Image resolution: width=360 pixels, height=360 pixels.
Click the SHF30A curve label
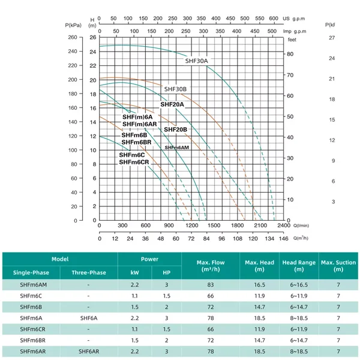(x=196, y=61)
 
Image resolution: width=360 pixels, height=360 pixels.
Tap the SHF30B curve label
(x=175, y=89)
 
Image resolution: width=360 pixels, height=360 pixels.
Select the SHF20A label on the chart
(x=172, y=104)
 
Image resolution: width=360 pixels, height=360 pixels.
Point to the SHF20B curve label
(x=175, y=130)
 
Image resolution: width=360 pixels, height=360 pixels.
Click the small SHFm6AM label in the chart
(x=177, y=148)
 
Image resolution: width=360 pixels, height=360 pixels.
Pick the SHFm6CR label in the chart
(x=134, y=162)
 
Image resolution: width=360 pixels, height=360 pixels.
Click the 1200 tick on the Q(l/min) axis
(x=192, y=226)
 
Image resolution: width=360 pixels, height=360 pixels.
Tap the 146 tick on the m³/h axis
(x=284, y=239)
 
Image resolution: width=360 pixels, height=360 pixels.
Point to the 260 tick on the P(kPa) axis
(x=73, y=37)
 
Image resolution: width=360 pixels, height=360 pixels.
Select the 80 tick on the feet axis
(x=290, y=54)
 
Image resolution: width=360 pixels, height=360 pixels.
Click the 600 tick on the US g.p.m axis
(x=274, y=19)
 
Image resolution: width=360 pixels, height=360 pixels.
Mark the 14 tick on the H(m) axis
(x=93, y=122)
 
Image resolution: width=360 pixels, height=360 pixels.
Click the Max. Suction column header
(x=338, y=266)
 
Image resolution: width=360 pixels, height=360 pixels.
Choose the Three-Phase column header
(x=89, y=272)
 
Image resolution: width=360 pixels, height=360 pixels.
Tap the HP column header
(x=166, y=272)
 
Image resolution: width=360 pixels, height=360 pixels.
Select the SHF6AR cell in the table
(x=89, y=352)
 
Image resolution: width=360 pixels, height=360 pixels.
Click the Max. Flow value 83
(x=211, y=284)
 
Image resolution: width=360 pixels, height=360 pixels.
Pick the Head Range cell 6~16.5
(x=299, y=284)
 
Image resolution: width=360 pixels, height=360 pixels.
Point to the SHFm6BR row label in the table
(x=32, y=340)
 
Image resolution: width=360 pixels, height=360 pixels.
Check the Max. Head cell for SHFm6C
(x=259, y=296)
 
